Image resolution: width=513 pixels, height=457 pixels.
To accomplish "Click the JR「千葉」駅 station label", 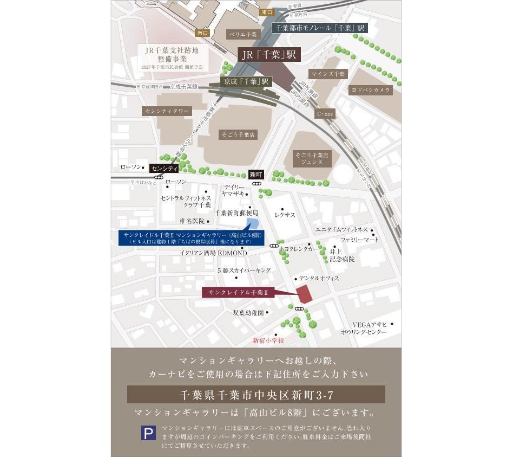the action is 269,55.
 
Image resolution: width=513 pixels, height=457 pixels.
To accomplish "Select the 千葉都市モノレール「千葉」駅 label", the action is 321,28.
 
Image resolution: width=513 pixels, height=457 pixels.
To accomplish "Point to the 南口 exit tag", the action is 203,33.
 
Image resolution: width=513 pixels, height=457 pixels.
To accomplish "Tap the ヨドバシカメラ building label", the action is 371,91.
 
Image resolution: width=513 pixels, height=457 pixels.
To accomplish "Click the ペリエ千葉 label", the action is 242,34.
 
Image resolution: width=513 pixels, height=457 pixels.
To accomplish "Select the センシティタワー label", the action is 167,111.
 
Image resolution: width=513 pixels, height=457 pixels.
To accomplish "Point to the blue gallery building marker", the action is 253,224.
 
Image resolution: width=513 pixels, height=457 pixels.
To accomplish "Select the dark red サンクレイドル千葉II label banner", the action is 239,293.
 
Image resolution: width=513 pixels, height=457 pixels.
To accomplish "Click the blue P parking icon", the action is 148,433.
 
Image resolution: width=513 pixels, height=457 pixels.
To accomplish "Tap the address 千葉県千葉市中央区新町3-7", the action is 256,394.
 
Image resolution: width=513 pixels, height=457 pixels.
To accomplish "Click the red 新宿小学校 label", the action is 268,340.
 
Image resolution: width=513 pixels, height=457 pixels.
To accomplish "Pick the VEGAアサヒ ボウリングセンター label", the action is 363,328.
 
